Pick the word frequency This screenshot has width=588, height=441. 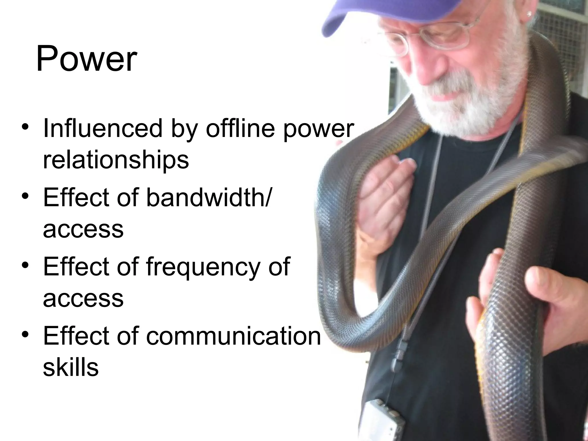pyautogui.click(x=202, y=267)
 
